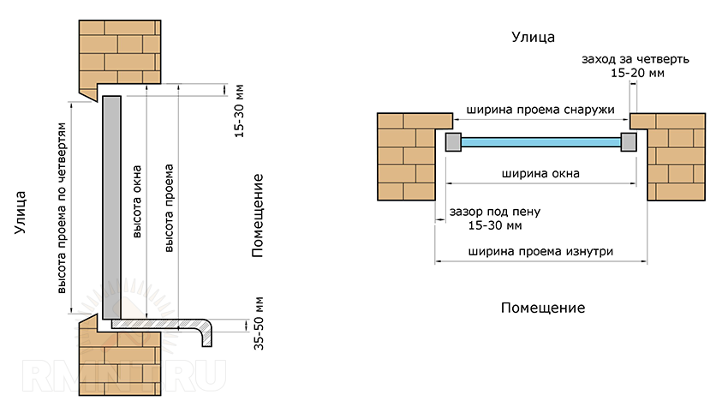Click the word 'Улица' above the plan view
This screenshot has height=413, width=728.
coord(533,37)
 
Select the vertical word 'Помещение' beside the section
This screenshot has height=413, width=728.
coord(256,215)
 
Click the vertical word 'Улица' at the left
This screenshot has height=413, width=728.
coord(19,216)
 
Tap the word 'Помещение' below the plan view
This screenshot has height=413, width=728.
coord(542,307)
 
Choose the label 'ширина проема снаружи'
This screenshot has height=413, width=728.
coord(540,111)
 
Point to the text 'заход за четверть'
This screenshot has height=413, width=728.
coord(635,60)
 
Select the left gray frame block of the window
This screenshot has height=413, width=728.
coord(452,142)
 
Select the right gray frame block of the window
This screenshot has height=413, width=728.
coord(629,142)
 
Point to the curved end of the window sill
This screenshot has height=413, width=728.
coord(207,334)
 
